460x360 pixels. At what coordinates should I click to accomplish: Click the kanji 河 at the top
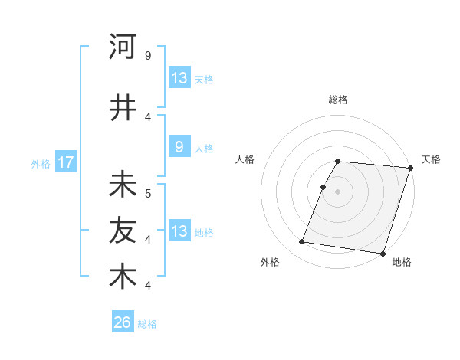click(123, 47)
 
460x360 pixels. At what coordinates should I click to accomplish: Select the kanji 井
click(123, 107)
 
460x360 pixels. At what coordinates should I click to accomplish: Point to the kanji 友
click(123, 230)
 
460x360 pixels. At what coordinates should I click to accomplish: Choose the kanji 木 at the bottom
click(123, 276)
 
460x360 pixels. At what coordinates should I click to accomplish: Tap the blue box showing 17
click(65, 162)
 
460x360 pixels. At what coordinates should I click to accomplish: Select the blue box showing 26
click(122, 322)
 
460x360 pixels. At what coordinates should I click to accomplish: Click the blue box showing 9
click(179, 148)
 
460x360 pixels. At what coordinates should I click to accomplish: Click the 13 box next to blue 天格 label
click(179, 78)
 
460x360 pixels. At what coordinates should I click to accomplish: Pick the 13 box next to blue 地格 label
click(179, 231)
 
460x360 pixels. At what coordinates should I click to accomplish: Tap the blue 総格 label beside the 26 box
click(147, 324)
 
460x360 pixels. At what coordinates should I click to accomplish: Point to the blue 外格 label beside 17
click(41, 163)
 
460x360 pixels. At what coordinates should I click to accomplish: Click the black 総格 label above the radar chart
click(338, 100)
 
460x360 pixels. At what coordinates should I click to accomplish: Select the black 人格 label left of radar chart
click(245, 159)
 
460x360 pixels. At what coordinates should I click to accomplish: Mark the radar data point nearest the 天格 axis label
click(410, 168)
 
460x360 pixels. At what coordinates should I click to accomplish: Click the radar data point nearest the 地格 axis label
click(383, 253)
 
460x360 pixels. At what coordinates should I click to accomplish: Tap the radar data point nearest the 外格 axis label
click(302, 242)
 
